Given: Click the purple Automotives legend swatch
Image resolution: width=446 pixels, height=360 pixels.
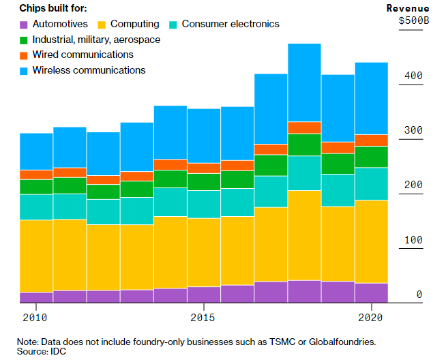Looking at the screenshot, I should pos(24,24).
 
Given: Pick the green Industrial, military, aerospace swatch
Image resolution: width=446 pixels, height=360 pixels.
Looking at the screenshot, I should pos(24,40).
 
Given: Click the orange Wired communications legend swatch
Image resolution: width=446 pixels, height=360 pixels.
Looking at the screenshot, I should pos(24,55).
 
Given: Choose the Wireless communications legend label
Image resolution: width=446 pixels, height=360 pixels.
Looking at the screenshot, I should pos(89,70).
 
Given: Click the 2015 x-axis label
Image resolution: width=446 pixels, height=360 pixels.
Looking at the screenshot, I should pos(203,317).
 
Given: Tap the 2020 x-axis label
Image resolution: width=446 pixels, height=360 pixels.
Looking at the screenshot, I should pos(371,317).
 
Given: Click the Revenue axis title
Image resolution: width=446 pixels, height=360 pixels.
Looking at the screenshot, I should pos(407,8).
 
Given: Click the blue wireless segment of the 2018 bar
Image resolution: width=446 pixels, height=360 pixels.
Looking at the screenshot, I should pos(304,82).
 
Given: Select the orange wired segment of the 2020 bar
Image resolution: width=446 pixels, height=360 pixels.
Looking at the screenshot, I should pos(372,140).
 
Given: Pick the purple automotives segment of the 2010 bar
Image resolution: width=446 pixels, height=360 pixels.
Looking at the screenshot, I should pos(36,297).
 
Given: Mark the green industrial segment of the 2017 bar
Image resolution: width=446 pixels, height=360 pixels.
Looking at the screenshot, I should pos(271,165).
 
